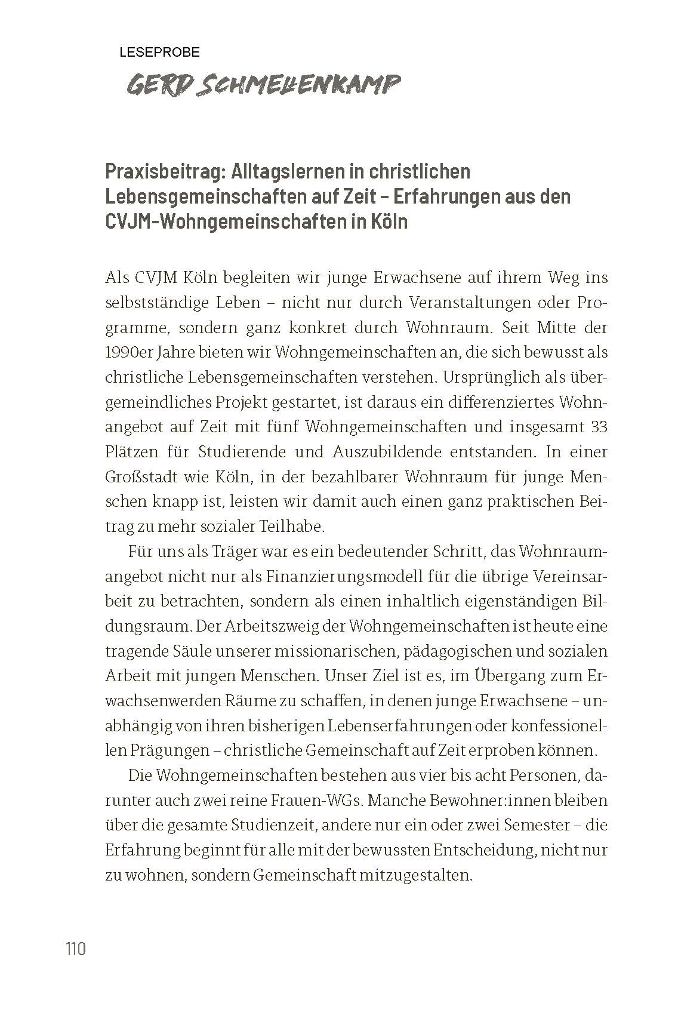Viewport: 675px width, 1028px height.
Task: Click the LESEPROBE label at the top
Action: tap(159, 53)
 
